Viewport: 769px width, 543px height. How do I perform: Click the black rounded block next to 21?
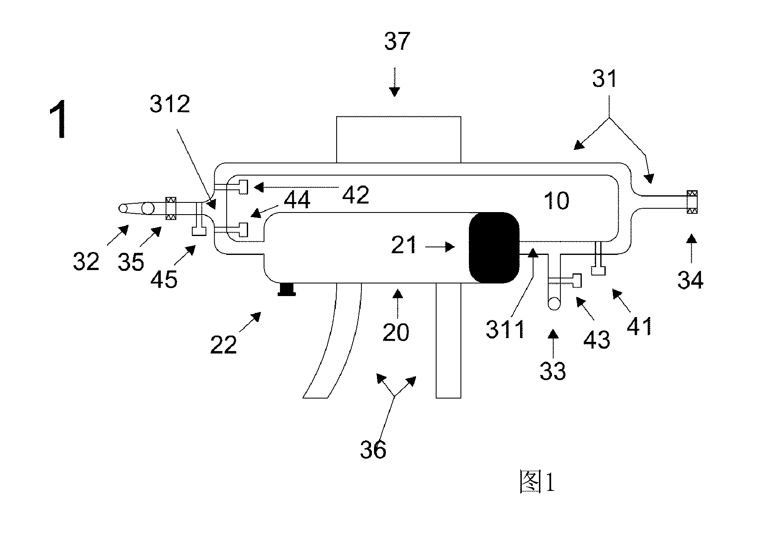point(494,247)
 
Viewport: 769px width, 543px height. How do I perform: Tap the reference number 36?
point(373,450)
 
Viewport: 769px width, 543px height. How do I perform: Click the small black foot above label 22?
point(287,289)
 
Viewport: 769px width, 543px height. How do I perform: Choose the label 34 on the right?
point(691,279)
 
